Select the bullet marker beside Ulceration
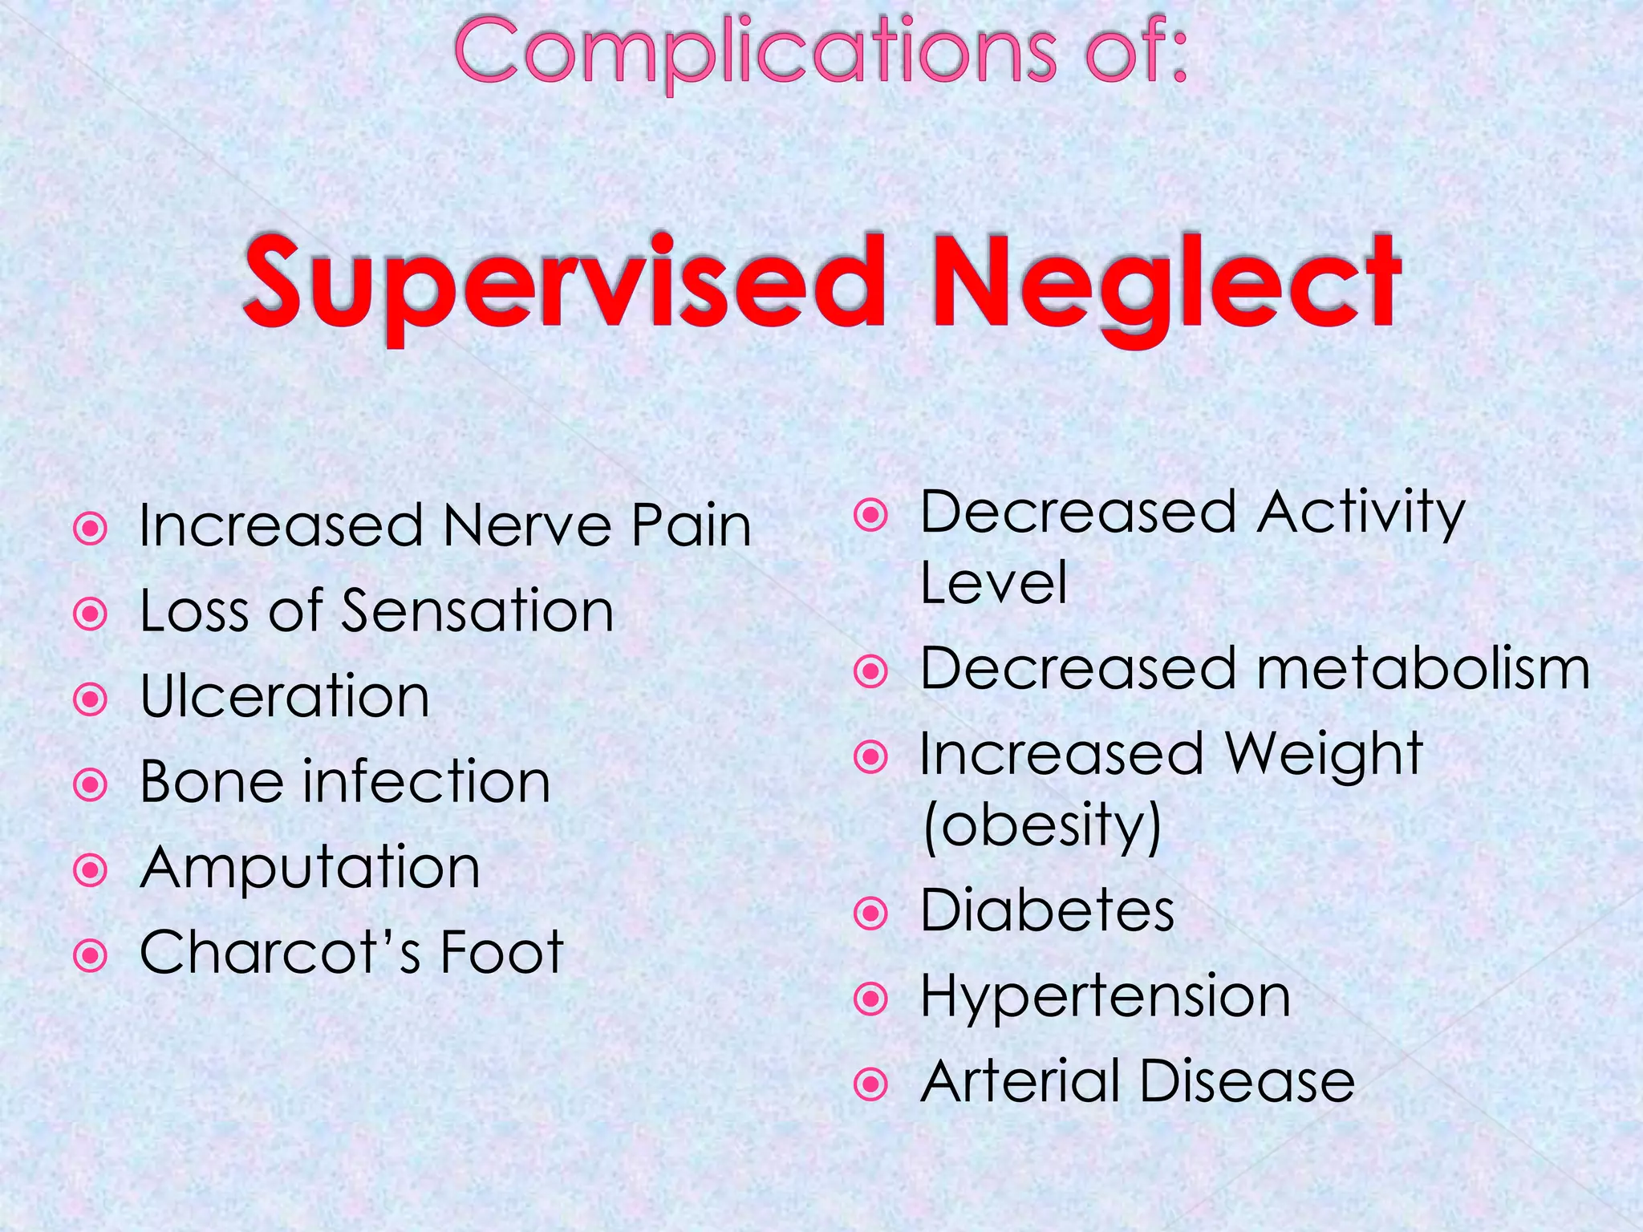(x=91, y=699)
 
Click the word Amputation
(x=310, y=868)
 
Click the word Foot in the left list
(x=502, y=953)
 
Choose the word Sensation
(x=478, y=611)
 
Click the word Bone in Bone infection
(x=210, y=782)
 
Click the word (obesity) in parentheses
(x=1042, y=826)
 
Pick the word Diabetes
(x=1047, y=911)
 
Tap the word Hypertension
(x=1105, y=997)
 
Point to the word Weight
(x=1324, y=756)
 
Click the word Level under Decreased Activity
(x=993, y=583)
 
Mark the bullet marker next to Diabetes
(x=871, y=913)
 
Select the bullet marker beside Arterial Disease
(x=871, y=1084)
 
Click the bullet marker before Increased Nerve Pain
(x=91, y=529)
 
